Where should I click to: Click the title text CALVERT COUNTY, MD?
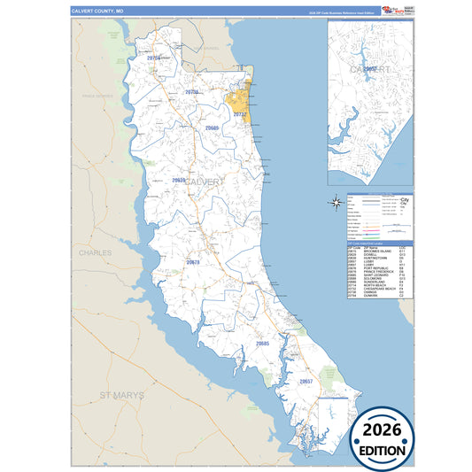[x=98, y=12]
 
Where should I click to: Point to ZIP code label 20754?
[x=153, y=58]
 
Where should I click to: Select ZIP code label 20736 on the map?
[x=191, y=91]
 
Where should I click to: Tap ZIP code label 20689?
[x=212, y=128]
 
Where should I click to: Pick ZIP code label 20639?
[x=179, y=180]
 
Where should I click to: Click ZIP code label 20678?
[x=193, y=262]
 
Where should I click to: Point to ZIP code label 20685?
[x=263, y=343]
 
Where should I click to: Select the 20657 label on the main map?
[x=306, y=381]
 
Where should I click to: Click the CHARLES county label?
[x=96, y=252]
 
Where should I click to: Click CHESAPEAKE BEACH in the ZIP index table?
[x=373, y=287]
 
